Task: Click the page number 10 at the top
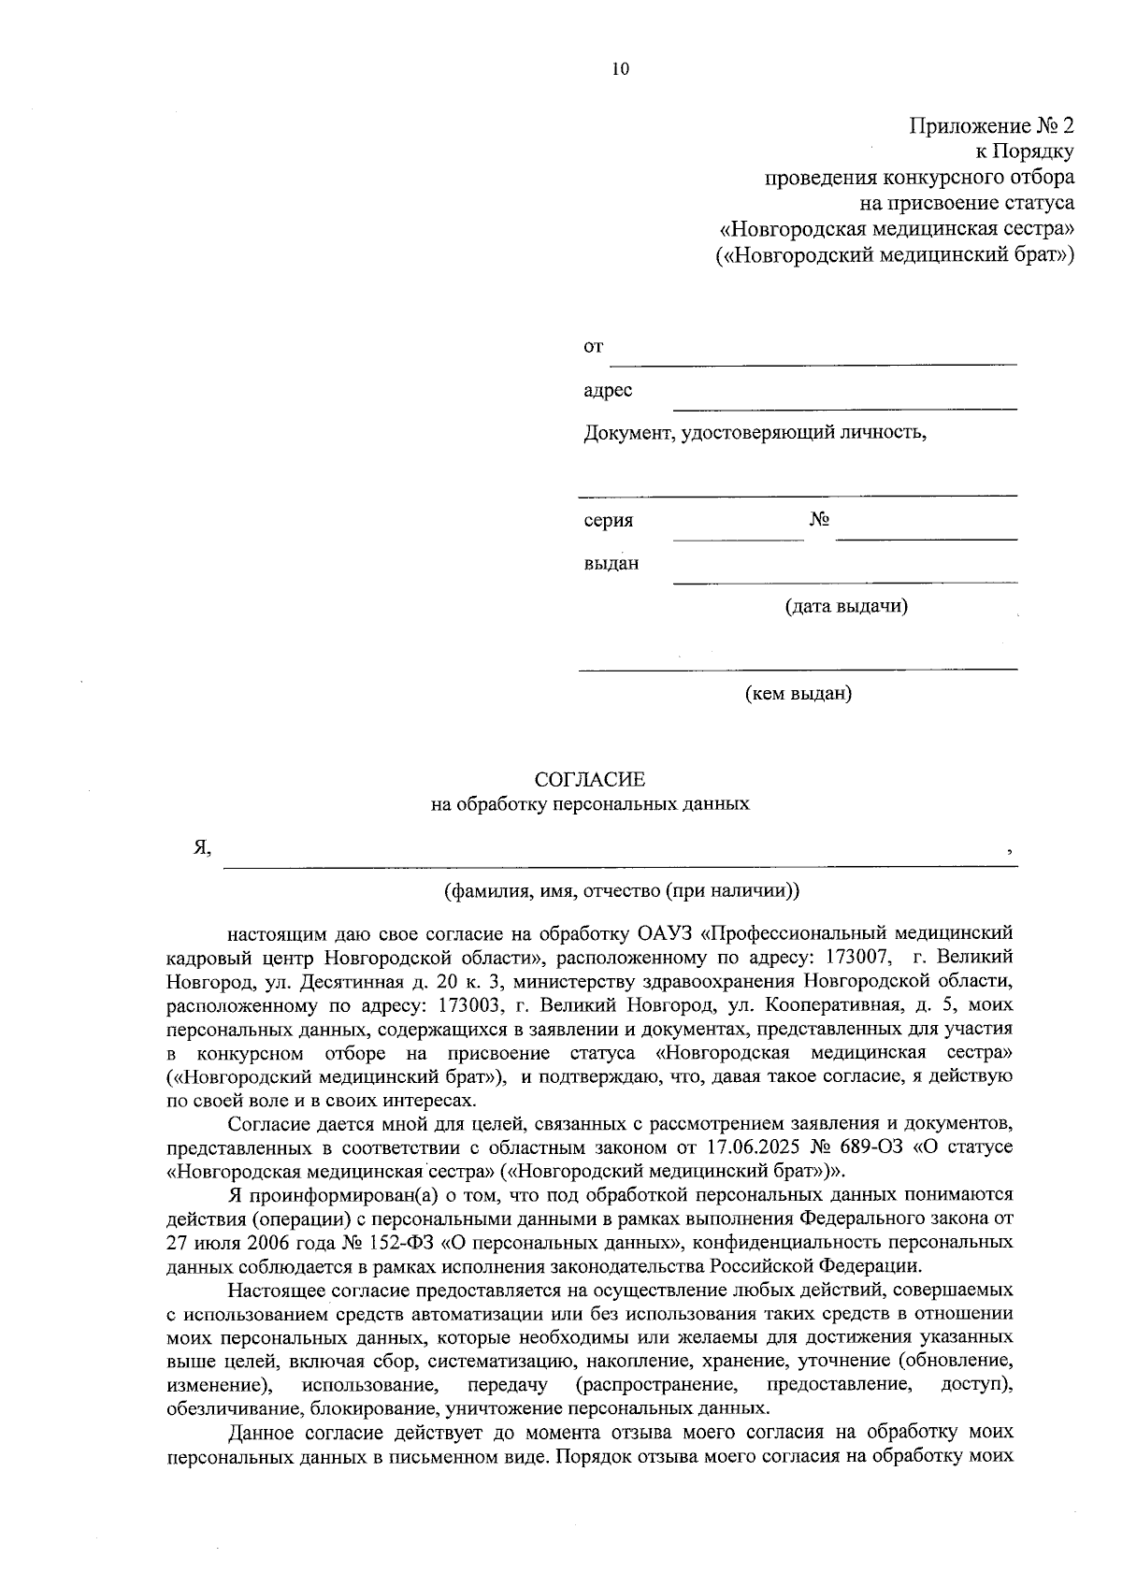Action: pyautogui.click(x=620, y=68)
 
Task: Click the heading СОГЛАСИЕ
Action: pyautogui.click(x=589, y=779)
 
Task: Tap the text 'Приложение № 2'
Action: pyautogui.click(x=992, y=125)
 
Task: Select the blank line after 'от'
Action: pyautogui.click(x=813, y=355)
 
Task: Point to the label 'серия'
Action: pyautogui.click(x=609, y=521)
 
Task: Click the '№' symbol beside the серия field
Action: pyautogui.click(x=819, y=520)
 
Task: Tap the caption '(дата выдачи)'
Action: pyautogui.click(x=846, y=606)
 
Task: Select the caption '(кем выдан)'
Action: pyautogui.click(x=798, y=694)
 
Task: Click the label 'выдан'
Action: pyautogui.click(x=611, y=564)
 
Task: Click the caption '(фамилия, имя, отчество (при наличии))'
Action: pyautogui.click(x=622, y=890)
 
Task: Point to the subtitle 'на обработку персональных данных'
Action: pyautogui.click(x=589, y=803)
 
